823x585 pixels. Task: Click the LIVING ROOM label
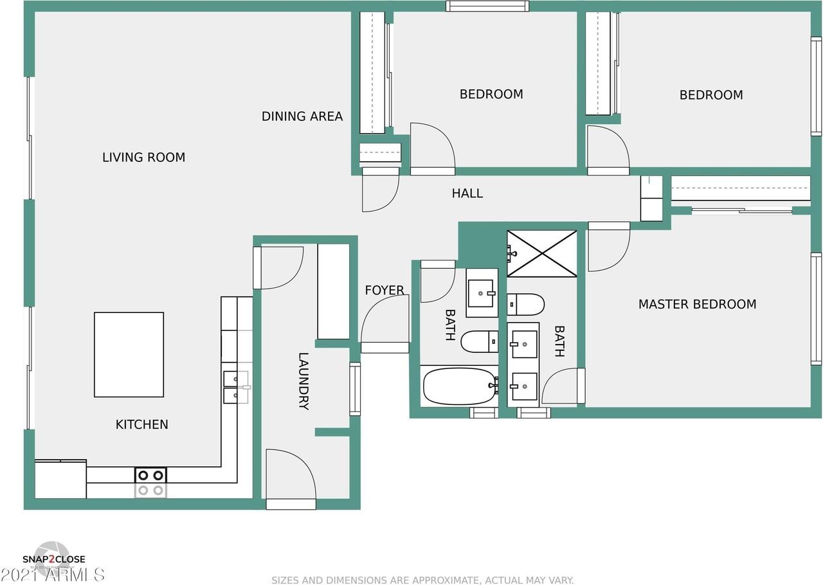(143, 157)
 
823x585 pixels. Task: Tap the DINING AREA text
(302, 116)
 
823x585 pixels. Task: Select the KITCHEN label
(141, 424)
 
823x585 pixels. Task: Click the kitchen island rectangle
(129, 354)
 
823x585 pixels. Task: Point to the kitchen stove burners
(150, 482)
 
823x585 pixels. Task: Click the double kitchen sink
(235, 386)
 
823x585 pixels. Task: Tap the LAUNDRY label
(303, 381)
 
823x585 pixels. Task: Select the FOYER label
(384, 291)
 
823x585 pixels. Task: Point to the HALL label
(467, 194)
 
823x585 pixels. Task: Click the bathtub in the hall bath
(458, 386)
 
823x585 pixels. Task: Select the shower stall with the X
(542, 253)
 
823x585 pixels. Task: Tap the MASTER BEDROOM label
(697, 304)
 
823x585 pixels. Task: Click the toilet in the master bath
(526, 304)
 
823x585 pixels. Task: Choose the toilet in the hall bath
(479, 341)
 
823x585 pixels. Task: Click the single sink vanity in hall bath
(482, 293)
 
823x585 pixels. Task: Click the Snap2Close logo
(53, 558)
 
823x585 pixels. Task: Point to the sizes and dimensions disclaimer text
(422, 580)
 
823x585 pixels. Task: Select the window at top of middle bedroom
(487, 6)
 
